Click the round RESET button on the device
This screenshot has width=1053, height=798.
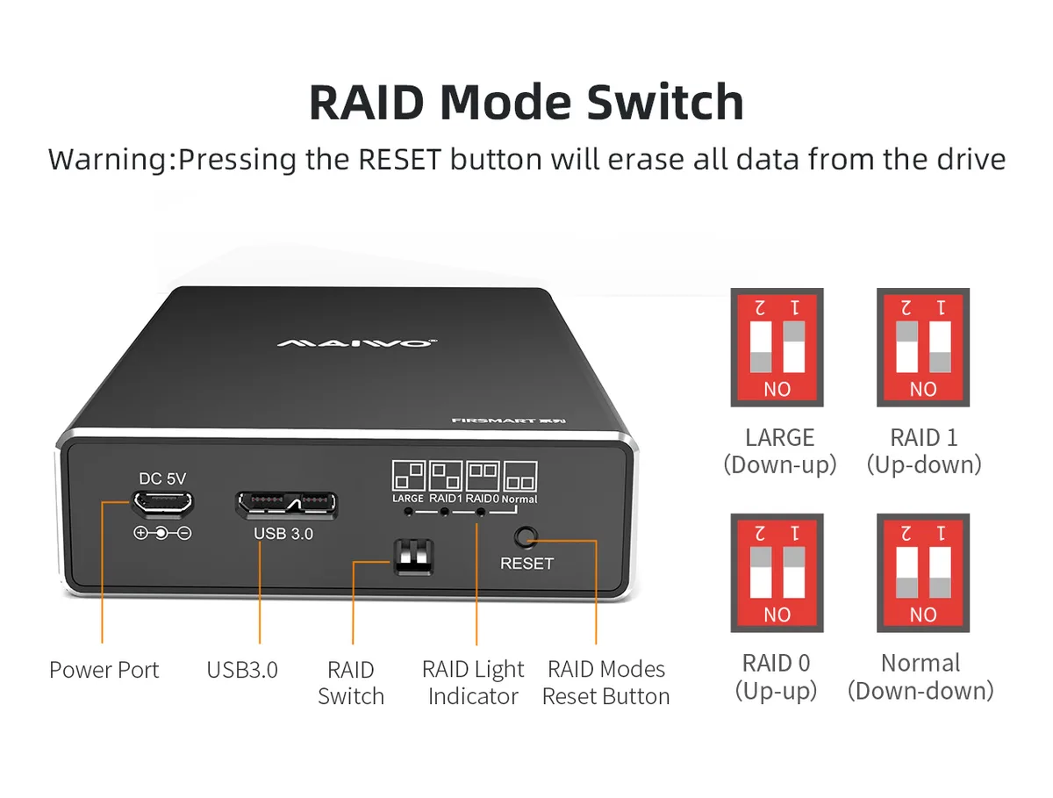point(526,537)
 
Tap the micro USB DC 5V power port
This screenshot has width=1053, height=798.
point(163,503)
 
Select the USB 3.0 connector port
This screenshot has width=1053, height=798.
point(287,505)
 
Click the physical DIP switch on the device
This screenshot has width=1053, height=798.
point(413,557)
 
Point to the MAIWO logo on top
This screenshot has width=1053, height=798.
point(357,342)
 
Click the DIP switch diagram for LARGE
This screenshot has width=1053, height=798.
point(777,348)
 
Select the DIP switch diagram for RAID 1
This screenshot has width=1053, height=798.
point(922,348)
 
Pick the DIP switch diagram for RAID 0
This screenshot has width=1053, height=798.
point(777,572)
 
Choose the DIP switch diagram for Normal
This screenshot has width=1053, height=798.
point(922,572)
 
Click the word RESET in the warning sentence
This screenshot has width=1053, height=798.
point(399,159)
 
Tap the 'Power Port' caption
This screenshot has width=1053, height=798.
point(104,670)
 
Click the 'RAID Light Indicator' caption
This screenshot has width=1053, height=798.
point(473,683)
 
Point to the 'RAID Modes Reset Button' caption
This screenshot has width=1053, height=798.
point(605,683)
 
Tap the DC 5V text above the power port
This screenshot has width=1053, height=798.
point(162,478)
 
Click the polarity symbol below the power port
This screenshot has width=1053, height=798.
point(162,533)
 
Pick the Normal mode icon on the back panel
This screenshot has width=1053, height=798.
point(520,476)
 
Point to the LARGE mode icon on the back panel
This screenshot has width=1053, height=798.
point(408,475)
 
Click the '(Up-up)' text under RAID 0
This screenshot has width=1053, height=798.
point(776,692)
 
